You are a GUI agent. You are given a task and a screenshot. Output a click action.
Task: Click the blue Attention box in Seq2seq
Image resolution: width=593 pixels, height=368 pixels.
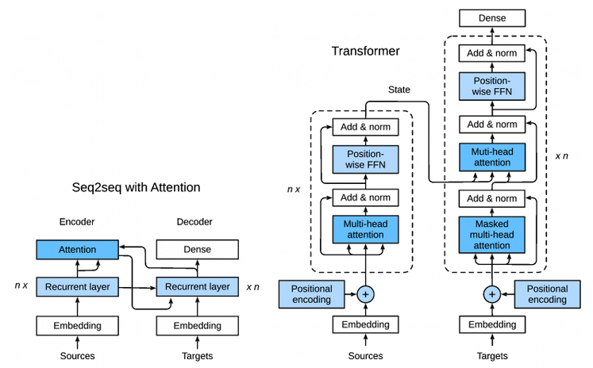77,249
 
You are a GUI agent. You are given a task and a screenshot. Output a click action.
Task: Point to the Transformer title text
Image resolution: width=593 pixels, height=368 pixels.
365,52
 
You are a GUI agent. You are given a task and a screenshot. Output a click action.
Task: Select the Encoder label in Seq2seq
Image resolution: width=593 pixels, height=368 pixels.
77,222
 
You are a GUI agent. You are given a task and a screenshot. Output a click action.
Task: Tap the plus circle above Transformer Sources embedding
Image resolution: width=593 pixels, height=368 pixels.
365,294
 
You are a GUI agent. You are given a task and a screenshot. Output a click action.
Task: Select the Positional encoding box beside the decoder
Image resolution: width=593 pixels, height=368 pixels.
547,294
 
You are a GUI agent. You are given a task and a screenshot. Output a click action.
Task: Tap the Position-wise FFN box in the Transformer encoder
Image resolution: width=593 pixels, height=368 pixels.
365,159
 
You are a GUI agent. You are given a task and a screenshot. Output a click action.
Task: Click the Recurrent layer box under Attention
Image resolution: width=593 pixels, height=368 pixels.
77,286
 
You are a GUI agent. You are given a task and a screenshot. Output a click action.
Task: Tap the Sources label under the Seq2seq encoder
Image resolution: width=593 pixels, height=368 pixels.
77,356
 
